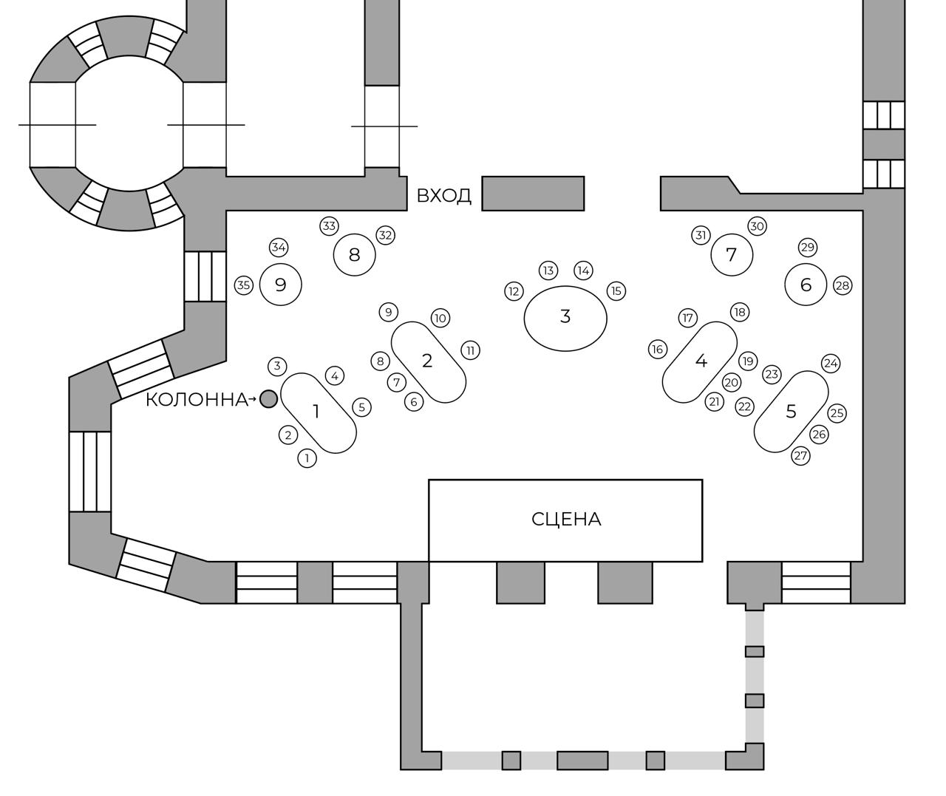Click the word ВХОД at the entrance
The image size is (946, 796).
tap(443, 196)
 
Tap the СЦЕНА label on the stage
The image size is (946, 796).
tap(566, 520)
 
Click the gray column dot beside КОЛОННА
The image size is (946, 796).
tap(268, 399)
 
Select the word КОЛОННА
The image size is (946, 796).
tap(196, 400)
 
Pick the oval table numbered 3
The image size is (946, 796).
tap(565, 317)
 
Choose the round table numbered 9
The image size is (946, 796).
tap(281, 285)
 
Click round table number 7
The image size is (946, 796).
tap(732, 255)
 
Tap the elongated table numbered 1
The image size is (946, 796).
tap(319, 412)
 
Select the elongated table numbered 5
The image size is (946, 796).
tap(791, 412)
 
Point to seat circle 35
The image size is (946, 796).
tap(244, 285)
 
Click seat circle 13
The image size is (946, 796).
tap(548, 271)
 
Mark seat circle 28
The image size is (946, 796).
tap(843, 285)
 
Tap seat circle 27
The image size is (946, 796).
tap(801, 456)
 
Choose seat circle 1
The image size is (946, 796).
tap(307, 458)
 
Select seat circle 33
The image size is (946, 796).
tap(329, 226)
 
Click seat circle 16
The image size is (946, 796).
tap(658, 349)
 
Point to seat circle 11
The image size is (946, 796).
tap(471, 350)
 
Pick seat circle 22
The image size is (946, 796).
tap(744, 406)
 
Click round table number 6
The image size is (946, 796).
tap(806, 285)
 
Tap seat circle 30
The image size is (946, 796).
tap(757, 226)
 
